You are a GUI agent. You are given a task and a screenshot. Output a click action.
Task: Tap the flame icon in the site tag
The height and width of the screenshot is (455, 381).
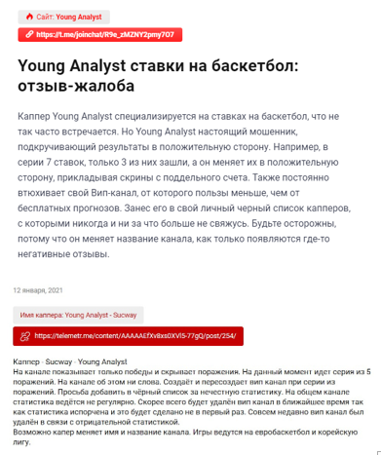[x=29, y=17]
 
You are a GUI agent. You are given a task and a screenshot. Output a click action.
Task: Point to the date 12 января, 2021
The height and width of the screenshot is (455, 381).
[x=39, y=290]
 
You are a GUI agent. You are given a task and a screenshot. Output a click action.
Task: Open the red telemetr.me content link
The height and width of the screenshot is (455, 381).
[x=130, y=336]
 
